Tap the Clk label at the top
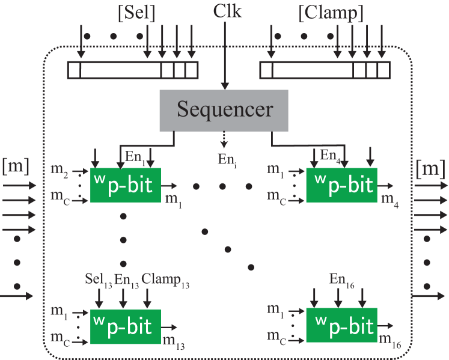click(227, 11)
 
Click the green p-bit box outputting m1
click(125, 186)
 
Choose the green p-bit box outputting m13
click(125, 326)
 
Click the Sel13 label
click(99, 280)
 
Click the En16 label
click(342, 279)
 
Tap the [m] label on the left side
click(16, 165)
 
